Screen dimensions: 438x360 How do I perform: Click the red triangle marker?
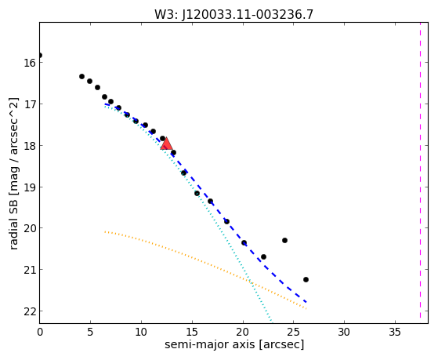coord(166,144)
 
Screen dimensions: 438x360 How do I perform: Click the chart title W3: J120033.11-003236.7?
coord(233,14)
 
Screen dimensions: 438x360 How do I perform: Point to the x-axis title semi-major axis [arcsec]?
coord(234,344)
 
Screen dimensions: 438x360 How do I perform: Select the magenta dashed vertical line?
coord(420,170)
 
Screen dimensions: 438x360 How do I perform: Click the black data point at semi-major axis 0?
coord(40,55)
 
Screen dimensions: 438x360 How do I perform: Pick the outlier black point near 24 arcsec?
coord(284,240)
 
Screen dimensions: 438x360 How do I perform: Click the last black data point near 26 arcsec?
coord(306,279)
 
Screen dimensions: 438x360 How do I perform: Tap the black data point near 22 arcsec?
coord(263,256)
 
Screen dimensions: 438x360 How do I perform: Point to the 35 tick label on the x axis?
coord(395,333)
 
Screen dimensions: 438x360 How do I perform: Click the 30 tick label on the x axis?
coord(344,333)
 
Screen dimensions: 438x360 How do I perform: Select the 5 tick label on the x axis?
coord(90,333)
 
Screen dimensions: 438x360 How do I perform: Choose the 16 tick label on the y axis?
coord(30,63)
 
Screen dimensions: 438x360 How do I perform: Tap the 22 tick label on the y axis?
coord(30,311)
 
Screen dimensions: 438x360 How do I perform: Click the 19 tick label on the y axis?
coord(30,187)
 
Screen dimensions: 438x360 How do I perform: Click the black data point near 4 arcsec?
coord(81,76)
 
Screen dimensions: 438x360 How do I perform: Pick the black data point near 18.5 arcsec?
coord(226,221)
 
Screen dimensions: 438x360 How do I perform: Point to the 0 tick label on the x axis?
coord(40,333)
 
